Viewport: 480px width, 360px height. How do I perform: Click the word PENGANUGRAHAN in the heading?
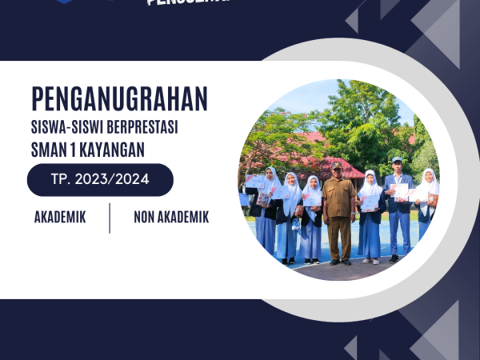click(120, 98)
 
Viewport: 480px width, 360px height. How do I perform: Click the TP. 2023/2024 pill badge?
click(100, 180)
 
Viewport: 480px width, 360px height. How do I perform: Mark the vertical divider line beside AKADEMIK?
click(110, 217)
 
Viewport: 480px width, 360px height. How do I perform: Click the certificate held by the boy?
click(400, 190)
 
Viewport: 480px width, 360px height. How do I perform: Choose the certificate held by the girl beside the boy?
click(370, 202)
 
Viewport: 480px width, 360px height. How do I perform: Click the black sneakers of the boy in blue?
click(394, 258)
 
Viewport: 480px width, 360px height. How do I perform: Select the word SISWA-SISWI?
click(67, 127)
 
